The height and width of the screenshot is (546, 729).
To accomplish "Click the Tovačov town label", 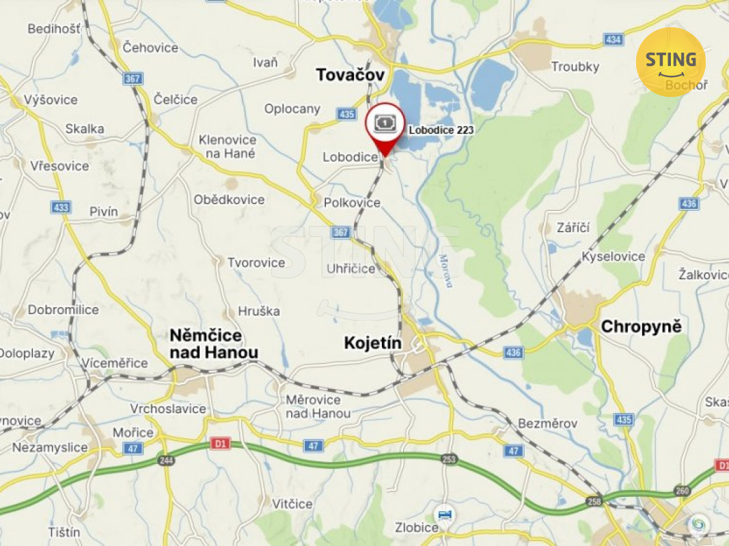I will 350,75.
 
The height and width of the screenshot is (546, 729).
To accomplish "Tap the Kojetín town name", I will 372,343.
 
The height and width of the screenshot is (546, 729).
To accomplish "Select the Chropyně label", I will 641,327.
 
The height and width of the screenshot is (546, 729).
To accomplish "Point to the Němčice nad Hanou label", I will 214,344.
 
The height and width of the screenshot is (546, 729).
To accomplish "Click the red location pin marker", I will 385,130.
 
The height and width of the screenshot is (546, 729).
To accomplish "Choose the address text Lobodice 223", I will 441,130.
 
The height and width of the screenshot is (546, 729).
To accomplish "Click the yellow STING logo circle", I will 670,61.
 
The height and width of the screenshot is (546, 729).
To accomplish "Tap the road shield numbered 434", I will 614,40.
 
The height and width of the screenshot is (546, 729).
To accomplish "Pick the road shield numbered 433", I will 60,207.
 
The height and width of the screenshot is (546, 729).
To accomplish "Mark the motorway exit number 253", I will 449,459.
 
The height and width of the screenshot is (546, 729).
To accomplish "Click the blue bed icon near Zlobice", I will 445,513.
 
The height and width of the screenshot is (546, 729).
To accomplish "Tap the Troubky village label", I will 575,67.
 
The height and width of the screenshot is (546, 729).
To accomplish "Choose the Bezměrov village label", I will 547,423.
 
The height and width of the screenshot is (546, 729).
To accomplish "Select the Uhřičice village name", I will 351,268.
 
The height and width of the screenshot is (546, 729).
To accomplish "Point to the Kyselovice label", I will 613,257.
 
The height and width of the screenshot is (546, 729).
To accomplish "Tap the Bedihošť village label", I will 54,29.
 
